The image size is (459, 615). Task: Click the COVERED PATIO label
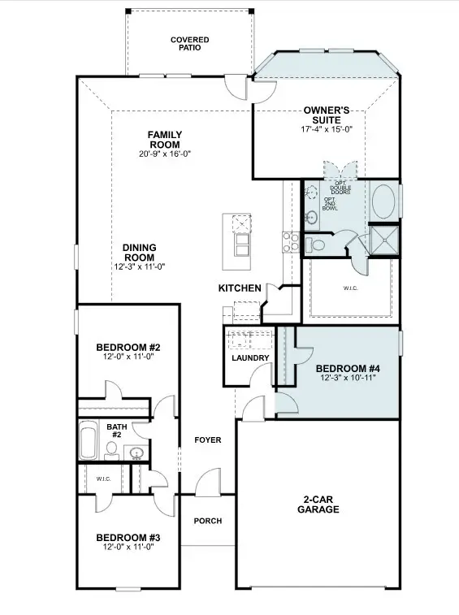click(189, 43)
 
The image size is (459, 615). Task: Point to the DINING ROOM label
click(139, 253)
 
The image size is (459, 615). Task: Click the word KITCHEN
click(240, 288)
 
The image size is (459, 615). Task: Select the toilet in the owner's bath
click(316, 244)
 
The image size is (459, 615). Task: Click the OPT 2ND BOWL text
click(331, 203)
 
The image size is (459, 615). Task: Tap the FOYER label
click(208, 440)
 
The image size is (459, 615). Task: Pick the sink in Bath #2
click(136, 453)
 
